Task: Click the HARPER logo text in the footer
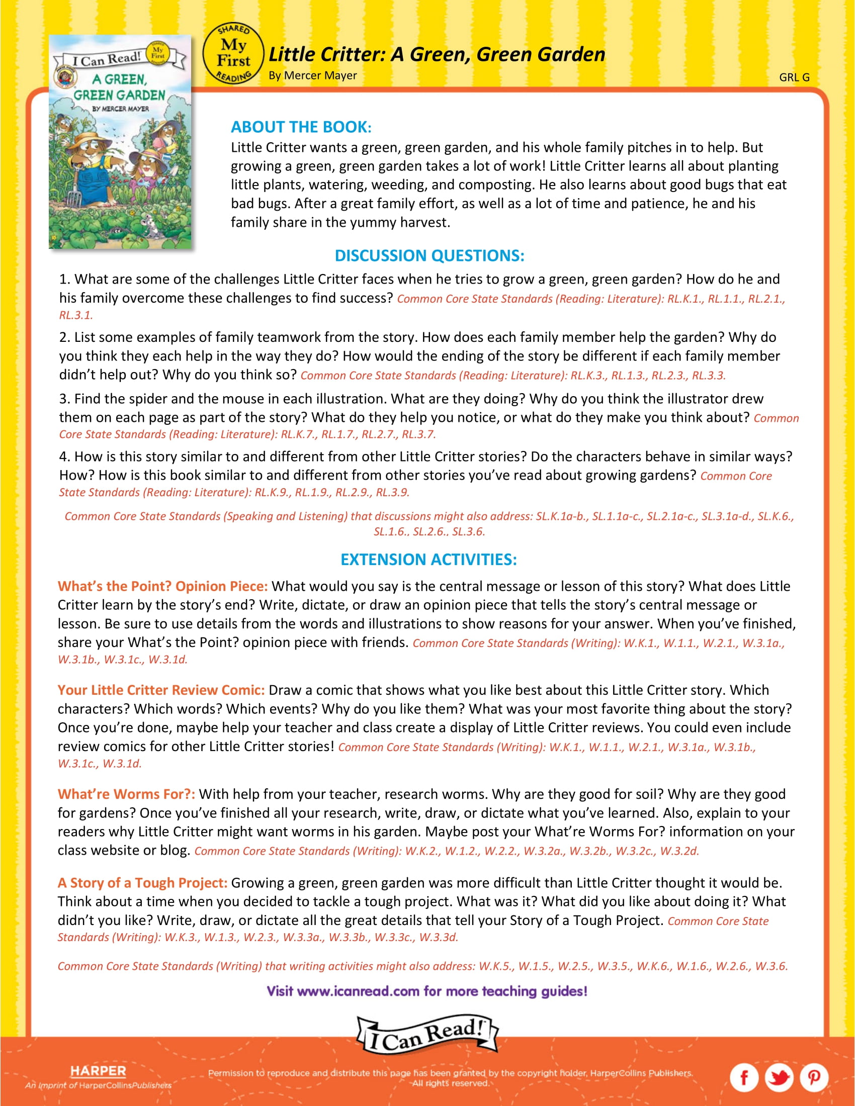(98, 1070)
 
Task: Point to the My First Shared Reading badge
(233, 53)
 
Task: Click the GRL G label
(794, 77)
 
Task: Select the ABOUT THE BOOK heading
(301, 127)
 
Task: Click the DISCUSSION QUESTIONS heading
(429, 256)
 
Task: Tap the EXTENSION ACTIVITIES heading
(429, 560)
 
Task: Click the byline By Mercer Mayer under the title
(312, 75)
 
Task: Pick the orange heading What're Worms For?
(126, 793)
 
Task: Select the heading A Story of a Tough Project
(142, 883)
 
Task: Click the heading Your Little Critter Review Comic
(161, 690)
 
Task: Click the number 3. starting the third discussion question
(65, 399)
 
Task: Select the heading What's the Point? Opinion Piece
(162, 586)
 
